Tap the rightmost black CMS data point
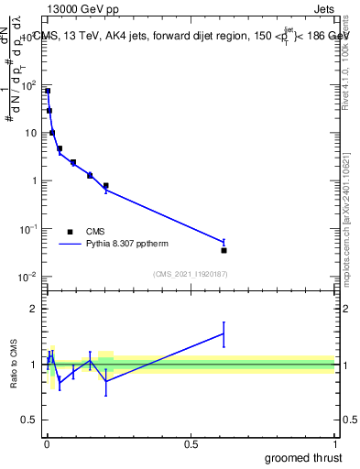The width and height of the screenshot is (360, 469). [x=224, y=250]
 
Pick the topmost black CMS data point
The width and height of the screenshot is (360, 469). [x=48, y=91]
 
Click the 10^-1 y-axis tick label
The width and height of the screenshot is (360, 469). [x=27, y=228]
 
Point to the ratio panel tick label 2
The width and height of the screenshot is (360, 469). [x=34, y=309]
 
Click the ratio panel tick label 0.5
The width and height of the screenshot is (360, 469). [x=29, y=421]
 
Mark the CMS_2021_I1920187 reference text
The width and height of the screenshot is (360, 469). [x=189, y=273]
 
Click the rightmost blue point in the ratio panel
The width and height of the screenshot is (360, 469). [x=224, y=333]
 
